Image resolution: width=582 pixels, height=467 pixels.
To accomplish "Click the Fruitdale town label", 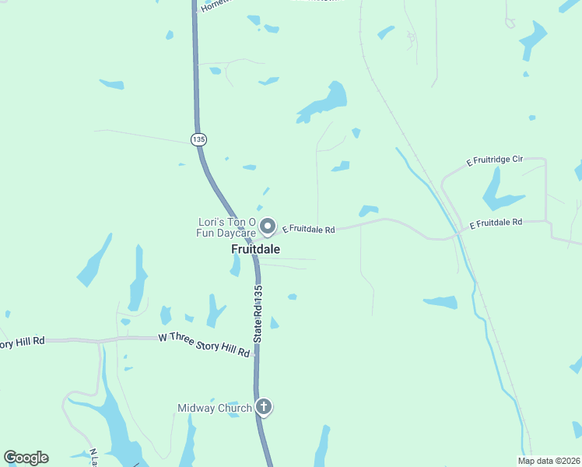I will coord(255,249).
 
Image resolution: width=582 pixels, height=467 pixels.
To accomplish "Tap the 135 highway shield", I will coord(198,139).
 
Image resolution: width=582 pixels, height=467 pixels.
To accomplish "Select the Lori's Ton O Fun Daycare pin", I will coord(268,226).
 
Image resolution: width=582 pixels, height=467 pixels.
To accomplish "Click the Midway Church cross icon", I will coord(264,406).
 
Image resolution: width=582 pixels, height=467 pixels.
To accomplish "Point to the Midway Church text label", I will coord(214,408).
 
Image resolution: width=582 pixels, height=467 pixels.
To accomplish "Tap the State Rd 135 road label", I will coord(258,314).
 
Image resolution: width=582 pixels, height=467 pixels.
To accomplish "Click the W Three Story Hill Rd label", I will coord(205,345).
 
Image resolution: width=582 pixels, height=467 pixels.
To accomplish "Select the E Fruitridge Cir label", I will coord(495,160).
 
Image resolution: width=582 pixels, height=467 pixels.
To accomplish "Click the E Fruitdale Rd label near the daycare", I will coord(308,230).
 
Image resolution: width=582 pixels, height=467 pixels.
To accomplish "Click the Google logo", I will coord(26,458).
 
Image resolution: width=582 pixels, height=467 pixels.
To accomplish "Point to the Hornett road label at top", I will coord(216,5).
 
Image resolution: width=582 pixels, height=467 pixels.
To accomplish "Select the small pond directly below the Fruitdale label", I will coord(235,266).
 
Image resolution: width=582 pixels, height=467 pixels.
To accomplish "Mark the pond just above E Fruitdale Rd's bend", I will coord(368,210).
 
